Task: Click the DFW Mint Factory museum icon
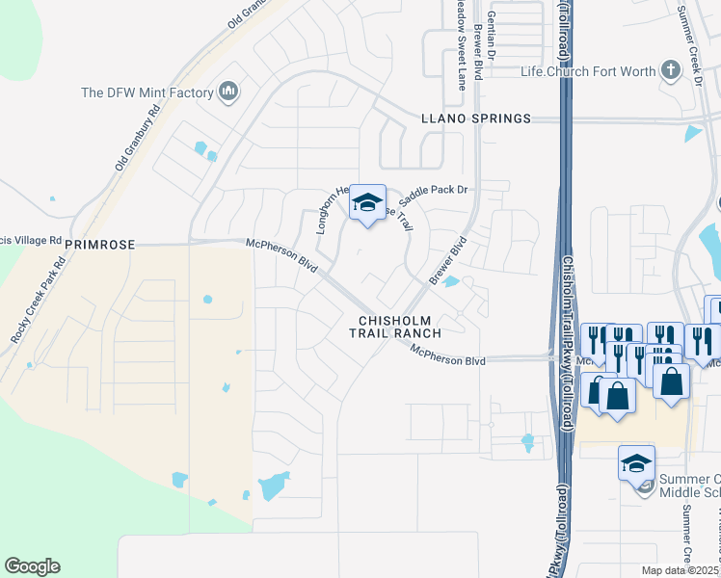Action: click(228, 92)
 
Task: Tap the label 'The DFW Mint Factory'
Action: click(147, 92)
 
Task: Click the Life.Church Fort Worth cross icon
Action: click(670, 70)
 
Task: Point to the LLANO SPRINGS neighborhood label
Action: click(476, 118)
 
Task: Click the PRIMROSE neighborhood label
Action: click(98, 246)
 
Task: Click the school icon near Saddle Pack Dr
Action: click(366, 202)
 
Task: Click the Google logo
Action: click(32, 566)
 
